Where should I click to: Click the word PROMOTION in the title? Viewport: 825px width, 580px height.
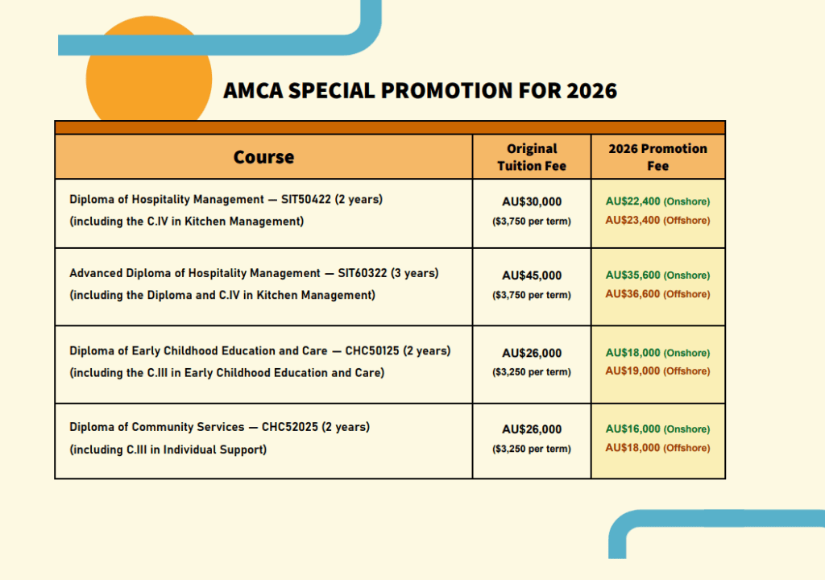[x=446, y=90]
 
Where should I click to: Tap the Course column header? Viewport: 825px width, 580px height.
[x=263, y=157]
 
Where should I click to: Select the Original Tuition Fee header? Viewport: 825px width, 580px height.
[x=532, y=157]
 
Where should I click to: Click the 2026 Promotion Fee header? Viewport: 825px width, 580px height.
[x=657, y=157]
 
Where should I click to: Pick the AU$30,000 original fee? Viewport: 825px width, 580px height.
[x=532, y=201]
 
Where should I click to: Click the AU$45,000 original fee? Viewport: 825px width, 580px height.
[x=532, y=275]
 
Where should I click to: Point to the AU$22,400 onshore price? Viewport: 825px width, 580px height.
[x=657, y=201]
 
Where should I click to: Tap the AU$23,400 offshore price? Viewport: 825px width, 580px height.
[x=657, y=220]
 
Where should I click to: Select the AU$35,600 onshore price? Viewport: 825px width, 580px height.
[x=657, y=275]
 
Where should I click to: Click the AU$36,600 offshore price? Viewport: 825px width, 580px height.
[x=657, y=294]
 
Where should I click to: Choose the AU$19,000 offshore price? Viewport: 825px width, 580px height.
[x=657, y=371]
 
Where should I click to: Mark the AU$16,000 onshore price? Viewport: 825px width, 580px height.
[x=657, y=429]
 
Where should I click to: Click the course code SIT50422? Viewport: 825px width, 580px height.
[x=305, y=200]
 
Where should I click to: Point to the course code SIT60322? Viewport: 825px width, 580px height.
[x=362, y=273]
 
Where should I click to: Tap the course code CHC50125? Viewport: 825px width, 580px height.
[x=372, y=351]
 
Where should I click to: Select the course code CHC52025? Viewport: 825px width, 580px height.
[x=290, y=427]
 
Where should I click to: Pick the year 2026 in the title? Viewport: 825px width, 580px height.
[x=591, y=90]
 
